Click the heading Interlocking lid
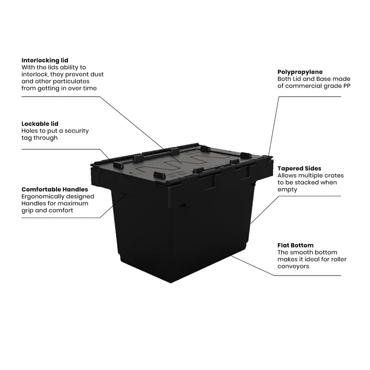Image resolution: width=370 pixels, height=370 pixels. [45, 60]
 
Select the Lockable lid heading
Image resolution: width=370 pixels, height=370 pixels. [40, 124]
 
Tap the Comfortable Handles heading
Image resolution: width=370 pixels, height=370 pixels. [54, 189]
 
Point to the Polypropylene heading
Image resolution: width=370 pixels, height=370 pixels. [300, 72]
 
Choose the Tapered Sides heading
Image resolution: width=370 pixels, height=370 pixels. [299, 168]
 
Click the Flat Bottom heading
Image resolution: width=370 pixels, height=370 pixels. [295, 245]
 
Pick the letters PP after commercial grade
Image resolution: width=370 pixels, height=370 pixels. [346, 86]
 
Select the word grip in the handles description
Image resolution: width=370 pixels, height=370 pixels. [27, 210]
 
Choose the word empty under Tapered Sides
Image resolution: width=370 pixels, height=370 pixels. [287, 189]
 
